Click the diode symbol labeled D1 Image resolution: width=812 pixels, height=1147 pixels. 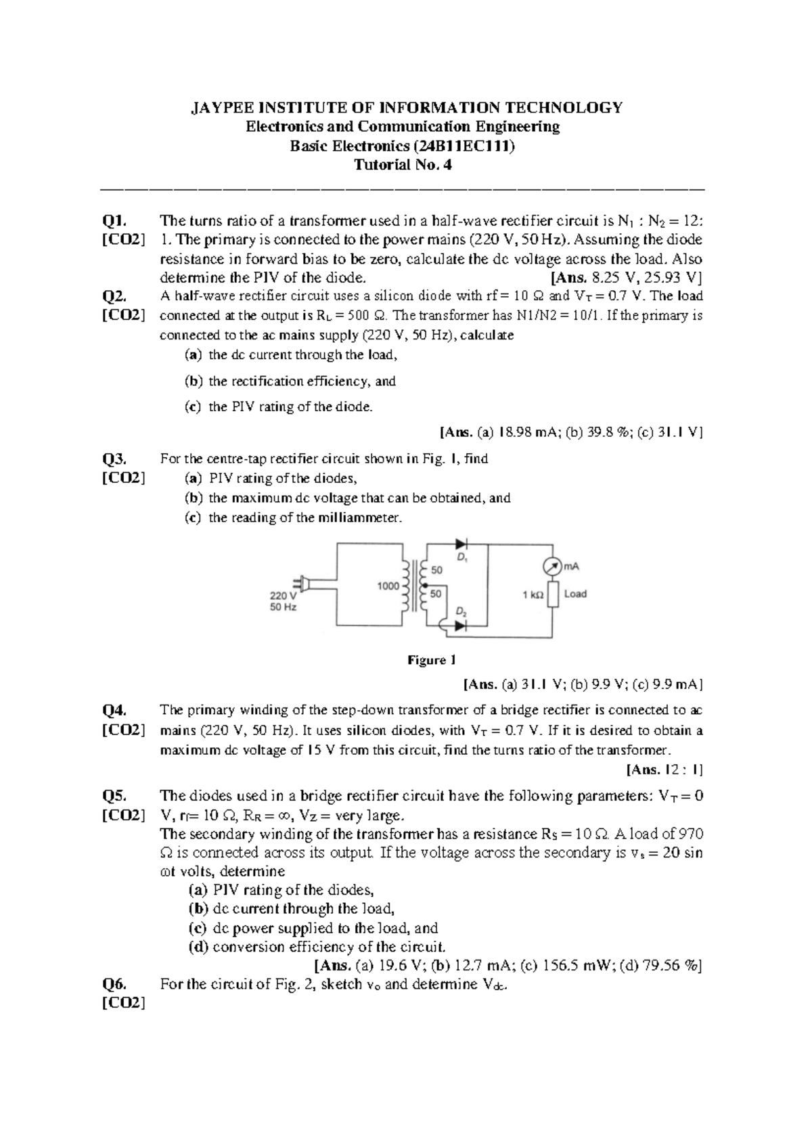461,543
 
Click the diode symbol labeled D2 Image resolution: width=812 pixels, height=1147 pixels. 461,626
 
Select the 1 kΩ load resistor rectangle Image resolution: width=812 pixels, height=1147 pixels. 553,595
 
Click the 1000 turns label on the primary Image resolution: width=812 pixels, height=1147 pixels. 388,586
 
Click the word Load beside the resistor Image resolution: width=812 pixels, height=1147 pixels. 575,594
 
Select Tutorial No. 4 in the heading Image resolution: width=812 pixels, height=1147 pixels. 403,165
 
